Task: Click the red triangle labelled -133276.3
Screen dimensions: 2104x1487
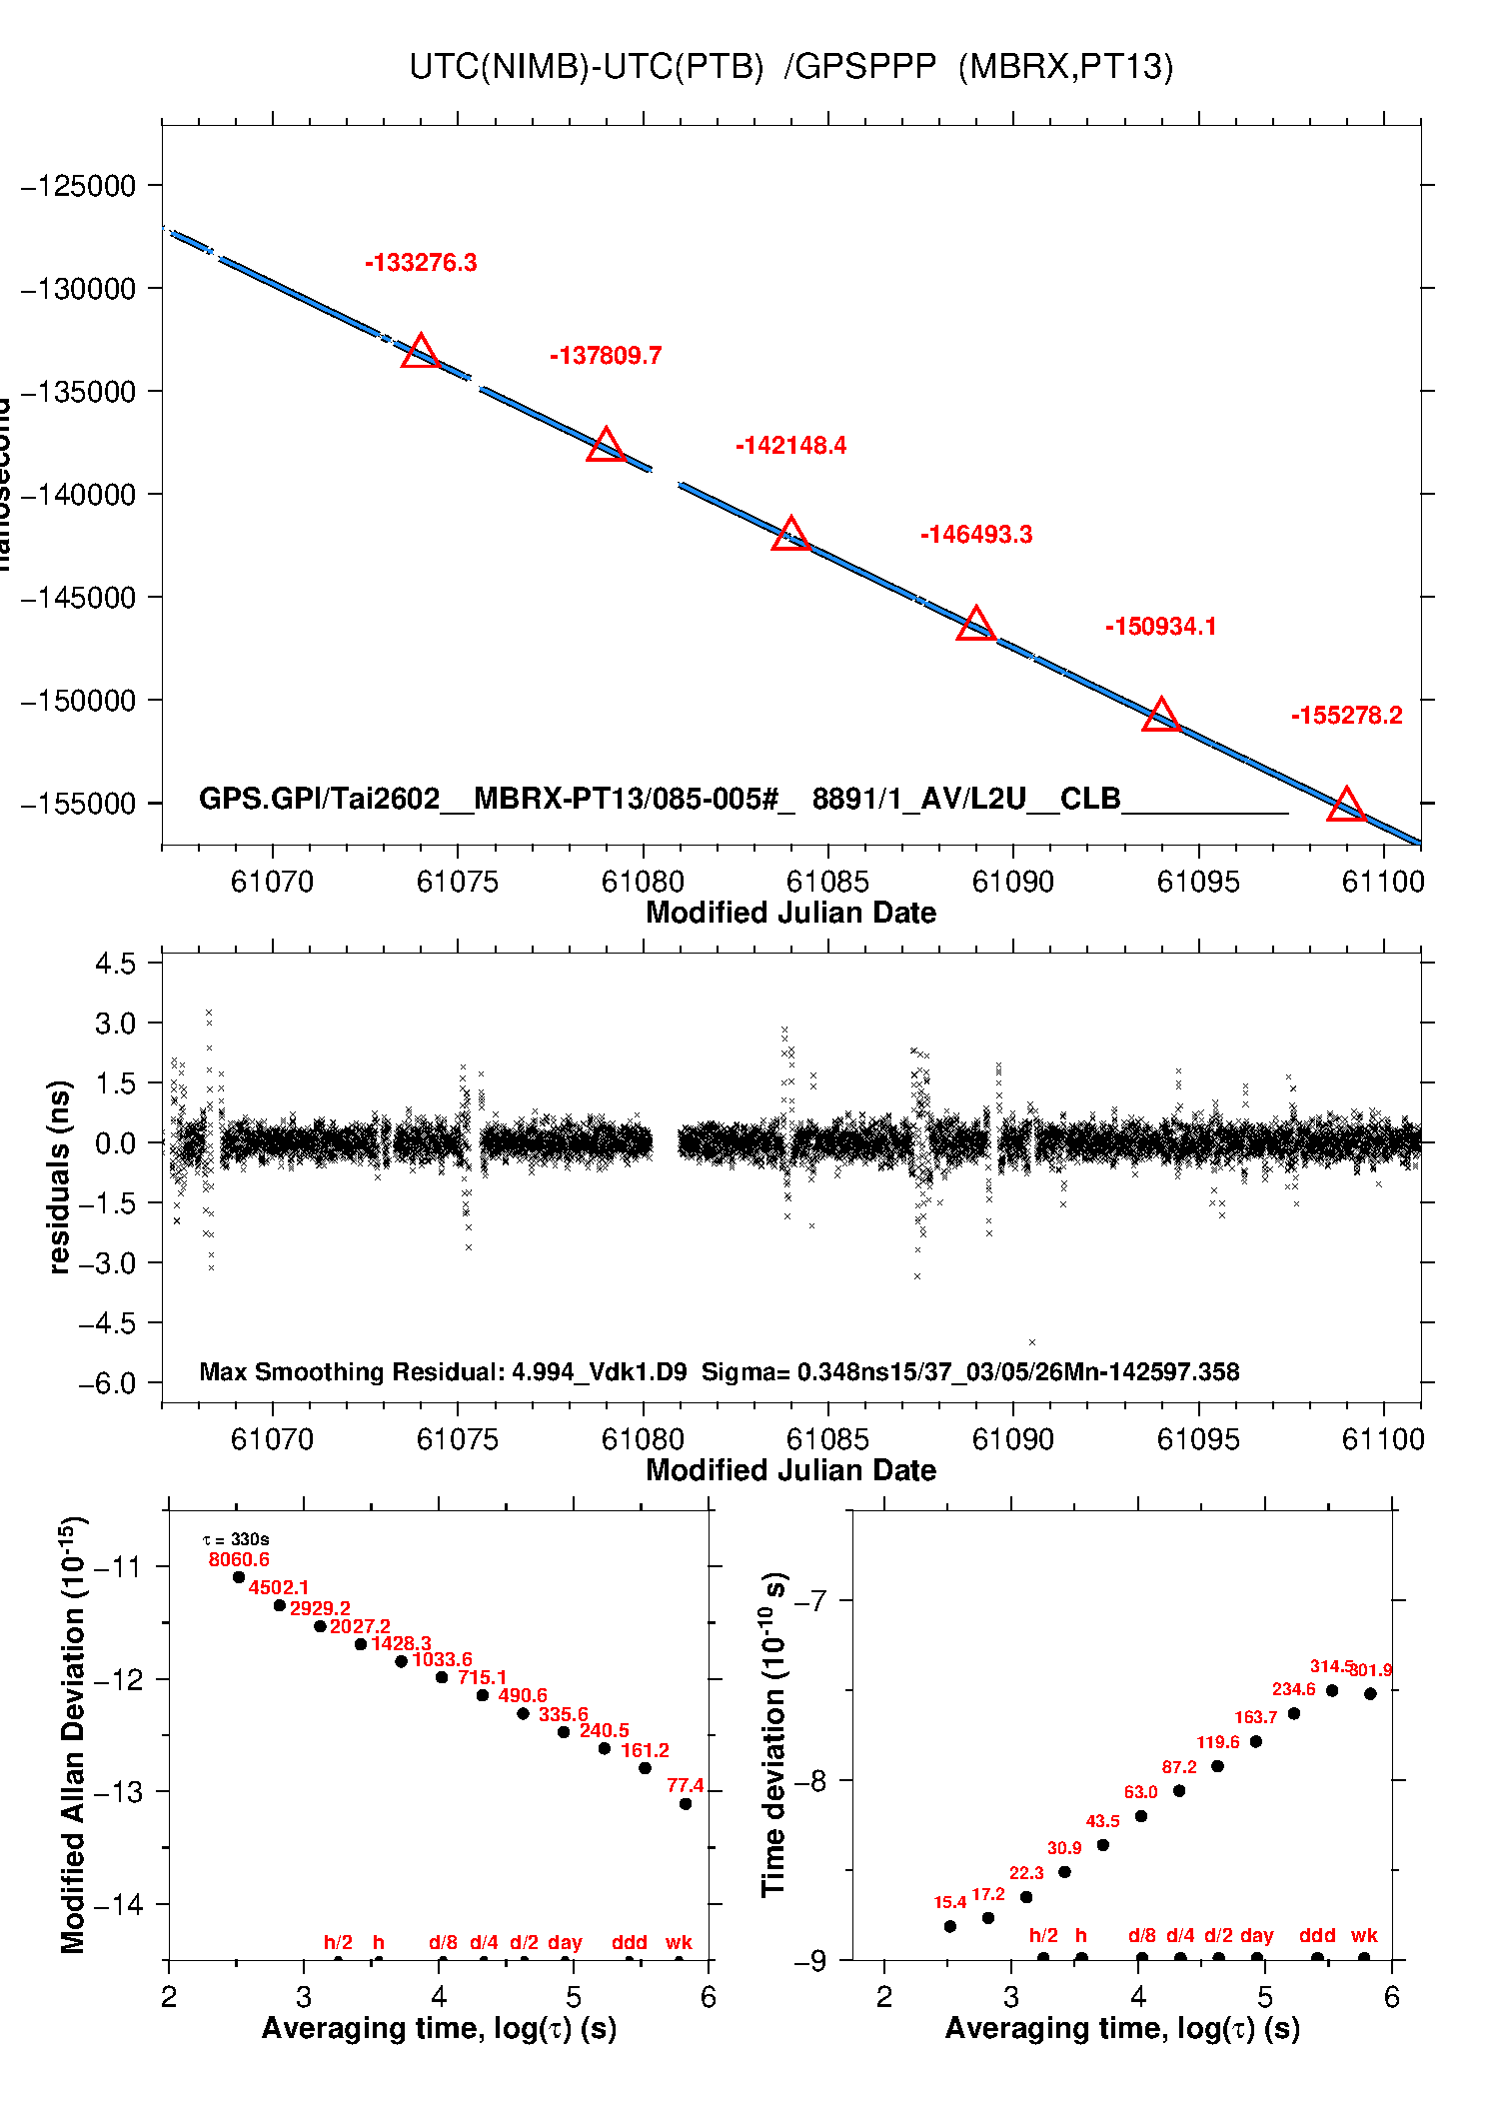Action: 421,352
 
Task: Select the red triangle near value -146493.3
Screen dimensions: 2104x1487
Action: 975,625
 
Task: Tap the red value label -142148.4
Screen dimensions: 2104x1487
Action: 790,446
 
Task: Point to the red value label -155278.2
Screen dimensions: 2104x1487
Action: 1346,716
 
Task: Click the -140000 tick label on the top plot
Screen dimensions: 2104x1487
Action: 78,495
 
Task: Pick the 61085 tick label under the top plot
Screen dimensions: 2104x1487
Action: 827,882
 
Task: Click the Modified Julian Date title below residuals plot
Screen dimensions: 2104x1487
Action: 790,1470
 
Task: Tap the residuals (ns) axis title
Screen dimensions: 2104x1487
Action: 60,1176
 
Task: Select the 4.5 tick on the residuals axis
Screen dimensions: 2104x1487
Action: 115,964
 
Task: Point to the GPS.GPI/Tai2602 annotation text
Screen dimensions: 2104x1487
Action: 320,799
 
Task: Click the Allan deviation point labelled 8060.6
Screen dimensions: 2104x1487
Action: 239,1577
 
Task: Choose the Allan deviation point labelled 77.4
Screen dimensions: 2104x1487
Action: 686,1804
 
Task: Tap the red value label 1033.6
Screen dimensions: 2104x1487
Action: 442,1660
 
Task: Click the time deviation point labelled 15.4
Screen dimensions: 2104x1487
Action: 950,1926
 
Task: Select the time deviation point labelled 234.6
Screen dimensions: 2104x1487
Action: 1294,1713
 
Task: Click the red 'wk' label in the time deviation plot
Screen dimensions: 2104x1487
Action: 1364,1935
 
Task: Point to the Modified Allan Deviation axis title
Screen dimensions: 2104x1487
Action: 73,1735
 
